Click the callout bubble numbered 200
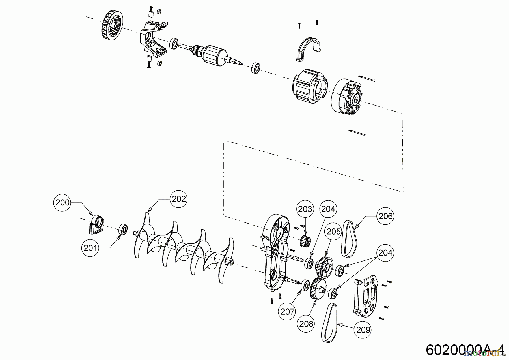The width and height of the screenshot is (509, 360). [x=62, y=202]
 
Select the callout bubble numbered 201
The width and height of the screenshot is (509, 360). [x=90, y=248]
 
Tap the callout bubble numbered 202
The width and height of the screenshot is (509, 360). [x=179, y=199]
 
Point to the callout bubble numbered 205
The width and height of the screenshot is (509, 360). [x=334, y=232]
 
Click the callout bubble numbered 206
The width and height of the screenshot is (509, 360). [x=385, y=216]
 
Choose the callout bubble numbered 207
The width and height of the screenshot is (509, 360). [x=288, y=312]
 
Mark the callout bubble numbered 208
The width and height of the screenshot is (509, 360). [x=307, y=323]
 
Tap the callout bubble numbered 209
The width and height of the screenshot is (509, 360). [x=363, y=330]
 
